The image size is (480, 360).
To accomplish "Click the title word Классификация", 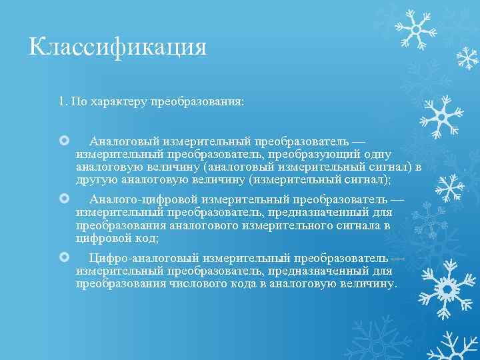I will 118,47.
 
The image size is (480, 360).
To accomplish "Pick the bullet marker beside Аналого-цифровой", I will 64,199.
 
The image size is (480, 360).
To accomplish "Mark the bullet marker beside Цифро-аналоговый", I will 64,257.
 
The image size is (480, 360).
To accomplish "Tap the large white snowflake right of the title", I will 415,29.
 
